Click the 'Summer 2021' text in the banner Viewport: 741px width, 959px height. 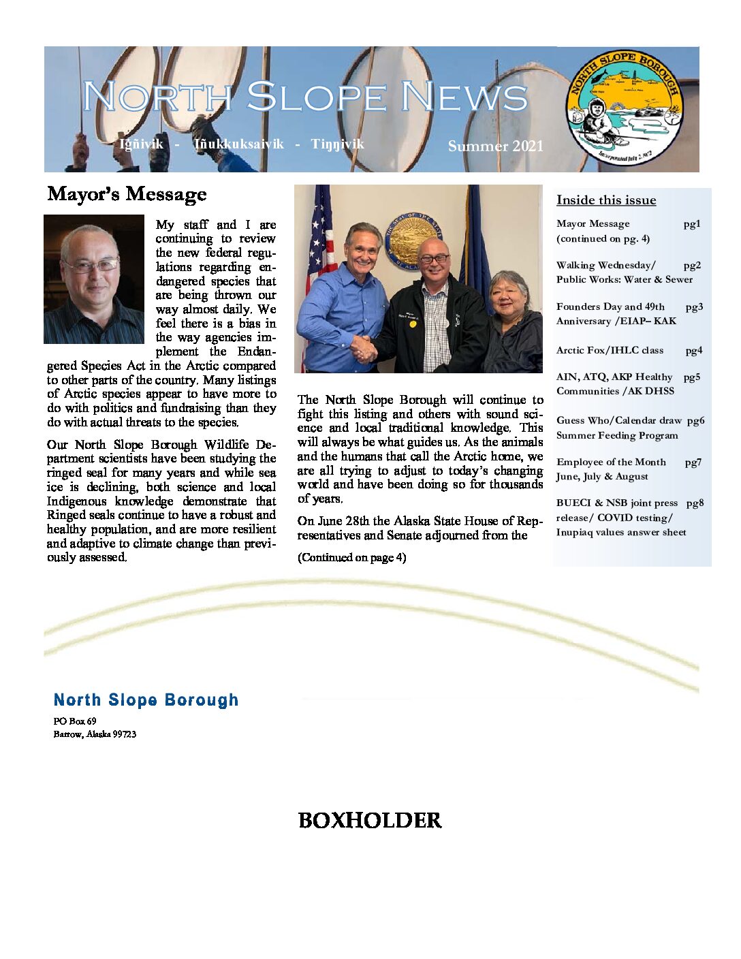(x=495, y=146)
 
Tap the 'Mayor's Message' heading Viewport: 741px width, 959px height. (x=127, y=194)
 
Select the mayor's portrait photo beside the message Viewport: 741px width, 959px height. (x=94, y=279)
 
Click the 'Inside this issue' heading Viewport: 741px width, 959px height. (x=606, y=200)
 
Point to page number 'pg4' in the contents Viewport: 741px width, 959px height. (x=693, y=351)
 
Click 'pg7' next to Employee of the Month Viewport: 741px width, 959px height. (x=693, y=462)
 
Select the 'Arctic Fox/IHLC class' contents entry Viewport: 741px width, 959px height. (x=610, y=350)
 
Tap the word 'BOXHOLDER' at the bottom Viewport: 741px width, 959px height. (x=370, y=820)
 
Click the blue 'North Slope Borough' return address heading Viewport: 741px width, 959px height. (x=146, y=700)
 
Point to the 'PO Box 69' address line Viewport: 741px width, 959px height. (x=75, y=721)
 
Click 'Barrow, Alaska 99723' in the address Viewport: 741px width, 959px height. (x=95, y=734)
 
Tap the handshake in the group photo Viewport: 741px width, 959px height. (x=364, y=348)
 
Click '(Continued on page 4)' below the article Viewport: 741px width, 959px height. (x=351, y=557)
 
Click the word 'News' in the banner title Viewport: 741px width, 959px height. (x=463, y=97)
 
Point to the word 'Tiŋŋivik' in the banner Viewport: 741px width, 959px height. (x=337, y=144)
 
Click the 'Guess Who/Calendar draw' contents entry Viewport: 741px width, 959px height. (x=619, y=421)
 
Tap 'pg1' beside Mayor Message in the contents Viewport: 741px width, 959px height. (x=692, y=224)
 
